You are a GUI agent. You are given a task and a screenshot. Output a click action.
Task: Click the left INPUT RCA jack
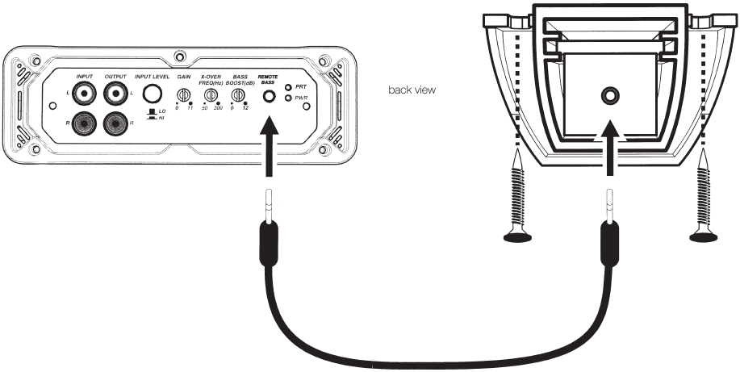[84, 94]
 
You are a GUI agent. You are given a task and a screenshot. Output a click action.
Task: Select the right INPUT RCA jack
[84, 123]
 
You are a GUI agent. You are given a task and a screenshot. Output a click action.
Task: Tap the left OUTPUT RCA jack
[115, 94]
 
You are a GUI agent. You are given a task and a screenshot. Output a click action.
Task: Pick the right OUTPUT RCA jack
[115, 123]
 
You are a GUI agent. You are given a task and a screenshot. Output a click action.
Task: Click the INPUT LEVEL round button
[152, 94]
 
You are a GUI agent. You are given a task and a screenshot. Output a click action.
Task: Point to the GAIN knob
[182, 95]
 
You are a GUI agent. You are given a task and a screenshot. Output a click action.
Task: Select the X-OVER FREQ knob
[211, 95]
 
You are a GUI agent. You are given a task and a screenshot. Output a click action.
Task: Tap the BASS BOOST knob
[237, 95]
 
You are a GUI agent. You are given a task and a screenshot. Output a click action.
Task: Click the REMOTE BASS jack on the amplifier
[269, 96]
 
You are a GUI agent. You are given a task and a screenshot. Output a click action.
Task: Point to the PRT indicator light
[288, 87]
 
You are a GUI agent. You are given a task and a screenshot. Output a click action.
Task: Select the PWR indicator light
[288, 98]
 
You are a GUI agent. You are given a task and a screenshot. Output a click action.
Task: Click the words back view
[412, 90]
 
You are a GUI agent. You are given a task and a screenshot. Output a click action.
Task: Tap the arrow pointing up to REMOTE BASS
[269, 146]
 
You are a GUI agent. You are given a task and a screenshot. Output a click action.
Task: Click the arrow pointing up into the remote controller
[610, 148]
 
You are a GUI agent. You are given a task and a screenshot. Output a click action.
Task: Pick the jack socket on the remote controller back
[609, 96]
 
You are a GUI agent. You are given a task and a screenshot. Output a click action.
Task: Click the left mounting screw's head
[518, 237]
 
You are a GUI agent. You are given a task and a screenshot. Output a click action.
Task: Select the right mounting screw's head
[704, 237]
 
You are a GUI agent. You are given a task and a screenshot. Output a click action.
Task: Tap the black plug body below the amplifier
[269, 245]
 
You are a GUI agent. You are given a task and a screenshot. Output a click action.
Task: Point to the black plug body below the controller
[609, 245]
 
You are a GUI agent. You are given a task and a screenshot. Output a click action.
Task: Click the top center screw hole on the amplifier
[179, 57]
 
